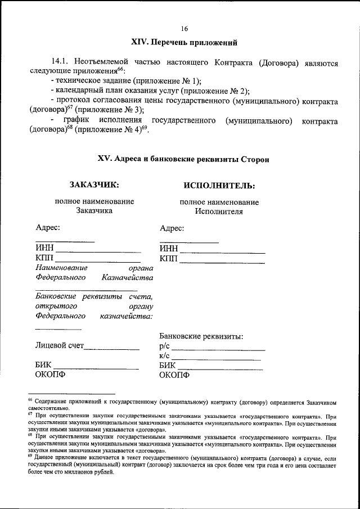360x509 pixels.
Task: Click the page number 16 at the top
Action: [184, 28]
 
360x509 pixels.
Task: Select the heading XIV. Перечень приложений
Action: [184, 43]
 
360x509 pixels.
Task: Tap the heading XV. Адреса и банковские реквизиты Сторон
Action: [184, 159]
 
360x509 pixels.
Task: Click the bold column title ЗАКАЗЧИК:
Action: [94, 184]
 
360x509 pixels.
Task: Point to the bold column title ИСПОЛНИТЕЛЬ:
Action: [219, 185]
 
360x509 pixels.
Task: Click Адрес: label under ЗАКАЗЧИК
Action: [48, 228]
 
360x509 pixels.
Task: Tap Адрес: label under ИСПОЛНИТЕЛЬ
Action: [172, 228]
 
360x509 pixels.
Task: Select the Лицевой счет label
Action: [59, 345]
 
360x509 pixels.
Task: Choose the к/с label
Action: [165, 356]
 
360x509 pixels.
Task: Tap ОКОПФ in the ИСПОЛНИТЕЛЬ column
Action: [175, 375]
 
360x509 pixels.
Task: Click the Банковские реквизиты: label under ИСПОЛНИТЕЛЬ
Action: [201, 336]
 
